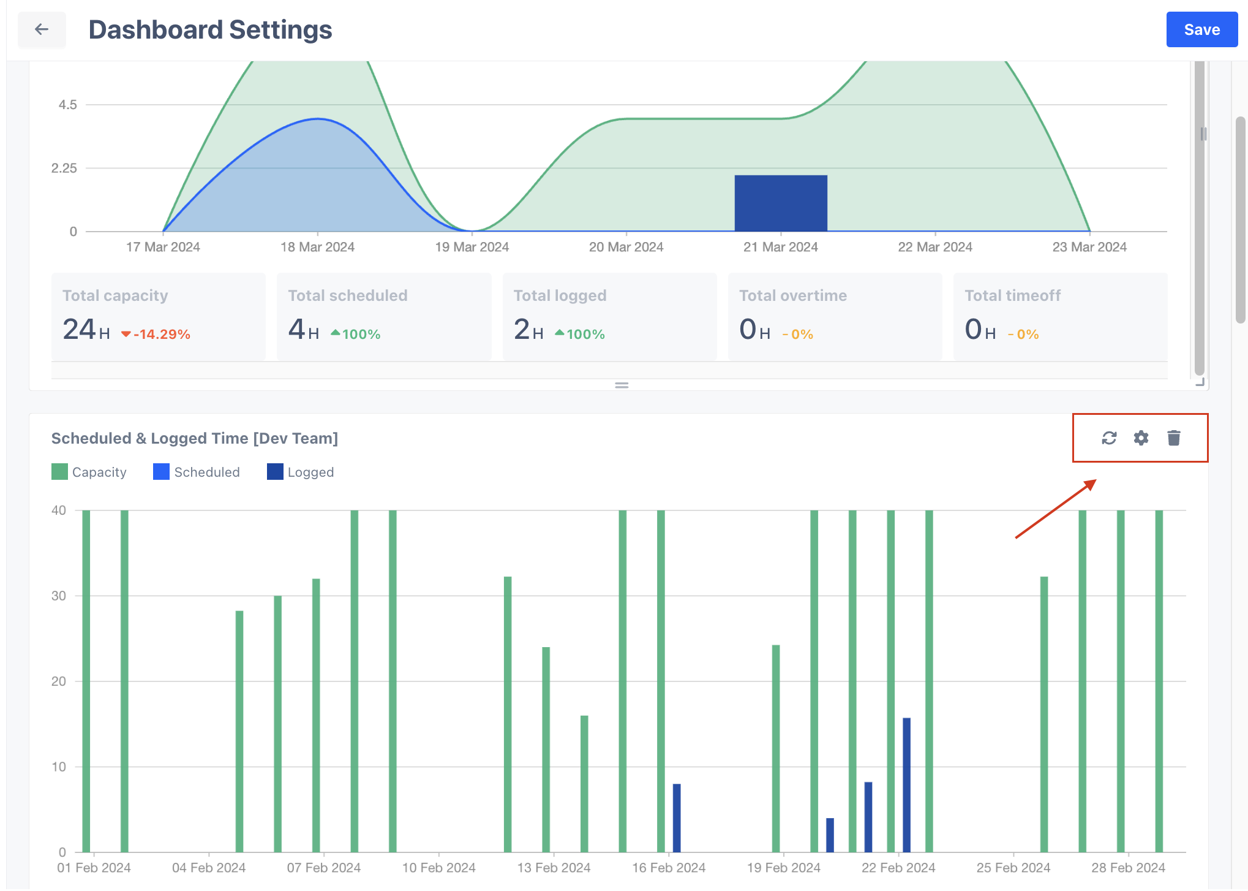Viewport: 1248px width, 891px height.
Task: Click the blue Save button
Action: pos(1201,29)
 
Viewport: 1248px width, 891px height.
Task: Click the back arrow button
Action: pos(42,29)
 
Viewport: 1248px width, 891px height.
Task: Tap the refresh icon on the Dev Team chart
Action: pos(1109,438)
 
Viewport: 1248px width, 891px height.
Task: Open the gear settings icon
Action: pos(1141,438)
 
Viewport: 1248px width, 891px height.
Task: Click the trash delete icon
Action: pos(1173,438)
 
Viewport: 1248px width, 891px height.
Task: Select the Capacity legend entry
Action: pos(89,472)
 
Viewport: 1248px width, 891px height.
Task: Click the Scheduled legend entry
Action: pos(197,472)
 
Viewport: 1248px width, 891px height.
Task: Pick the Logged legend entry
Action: pos(301,472)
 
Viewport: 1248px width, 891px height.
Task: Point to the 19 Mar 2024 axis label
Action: pos(472,247)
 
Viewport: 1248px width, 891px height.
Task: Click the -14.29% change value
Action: pos(161,335)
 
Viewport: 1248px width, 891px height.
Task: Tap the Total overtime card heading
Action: pos(792,295)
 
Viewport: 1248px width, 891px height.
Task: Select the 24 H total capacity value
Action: pos(86,330)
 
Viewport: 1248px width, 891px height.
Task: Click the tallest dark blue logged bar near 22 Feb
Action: pos(906,784)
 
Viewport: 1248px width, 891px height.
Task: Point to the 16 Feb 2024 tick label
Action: pos(668,868)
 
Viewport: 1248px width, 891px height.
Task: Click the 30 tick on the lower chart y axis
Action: pos(59,596)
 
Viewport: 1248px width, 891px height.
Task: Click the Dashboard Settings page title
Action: pos(210,29)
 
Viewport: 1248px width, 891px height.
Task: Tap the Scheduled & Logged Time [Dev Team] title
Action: pos(195,438)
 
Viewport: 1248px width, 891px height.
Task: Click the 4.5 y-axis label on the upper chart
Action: pos(67,105)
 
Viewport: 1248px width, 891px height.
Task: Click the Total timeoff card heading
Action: pos(1012,295)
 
